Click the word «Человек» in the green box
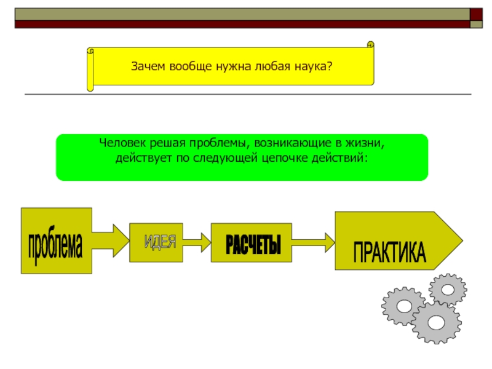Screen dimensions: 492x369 point(121,143)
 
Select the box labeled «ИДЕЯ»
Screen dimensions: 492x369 point(156,242)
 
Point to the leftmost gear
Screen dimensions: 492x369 point(403,305)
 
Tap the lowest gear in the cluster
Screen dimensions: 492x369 point(437,322)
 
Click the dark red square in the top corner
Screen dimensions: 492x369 point(477,14)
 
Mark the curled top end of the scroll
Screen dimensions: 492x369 point(371,44)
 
